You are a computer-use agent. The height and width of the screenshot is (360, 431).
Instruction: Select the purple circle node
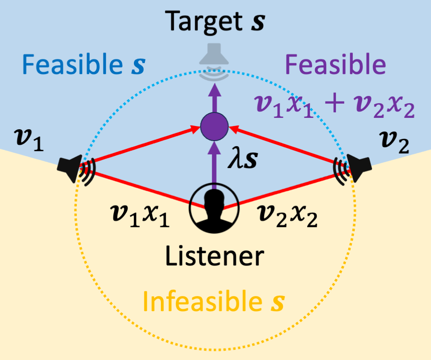[214, 126]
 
